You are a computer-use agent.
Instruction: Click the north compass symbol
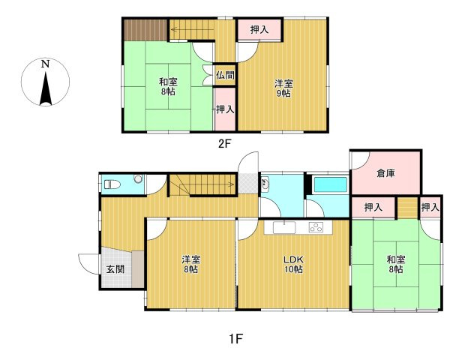46,83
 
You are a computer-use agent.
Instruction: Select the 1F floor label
235,337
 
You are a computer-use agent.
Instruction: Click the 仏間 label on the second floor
224,75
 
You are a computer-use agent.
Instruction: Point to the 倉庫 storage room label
385,173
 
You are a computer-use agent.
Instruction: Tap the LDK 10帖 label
293,264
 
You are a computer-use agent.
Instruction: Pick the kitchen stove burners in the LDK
316,227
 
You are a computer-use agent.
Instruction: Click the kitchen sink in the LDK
286,227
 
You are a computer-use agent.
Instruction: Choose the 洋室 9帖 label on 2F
283,89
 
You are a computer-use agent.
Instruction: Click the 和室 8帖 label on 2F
168,85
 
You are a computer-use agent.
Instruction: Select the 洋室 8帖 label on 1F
190,264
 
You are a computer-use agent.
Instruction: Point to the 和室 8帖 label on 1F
396,264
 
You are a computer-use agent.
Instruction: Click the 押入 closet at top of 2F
259,30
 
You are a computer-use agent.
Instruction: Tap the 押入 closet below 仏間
224,109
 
